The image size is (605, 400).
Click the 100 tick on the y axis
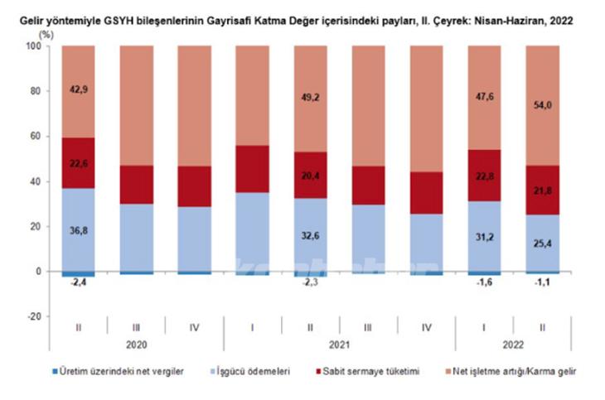coord(33,46)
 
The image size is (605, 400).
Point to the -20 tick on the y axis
coord(33,316)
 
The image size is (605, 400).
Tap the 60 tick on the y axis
coord(36,137)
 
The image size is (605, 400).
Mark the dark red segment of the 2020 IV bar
coord(194,186)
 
